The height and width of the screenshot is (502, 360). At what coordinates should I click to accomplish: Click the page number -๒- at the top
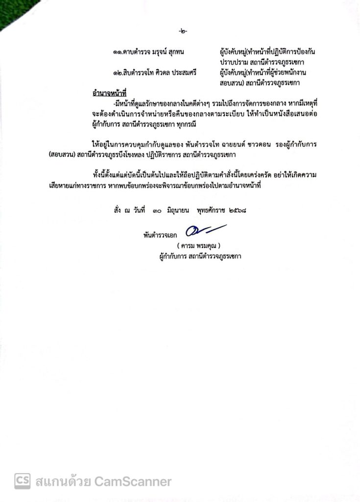pyautogui.click(x=183, y=32)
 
